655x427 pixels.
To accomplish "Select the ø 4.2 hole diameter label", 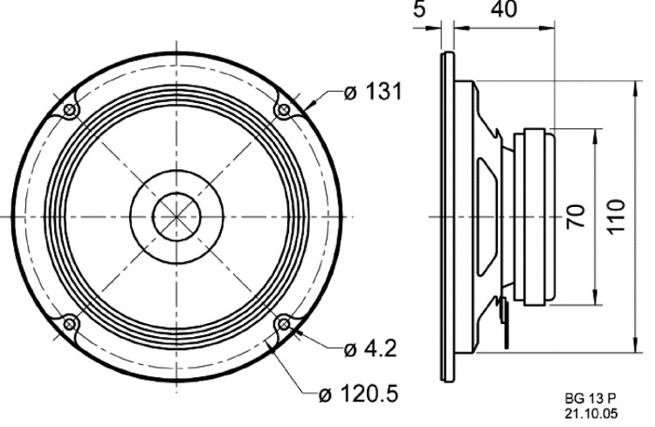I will coord(370,349).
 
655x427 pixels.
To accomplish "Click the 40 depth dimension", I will coord(502,10).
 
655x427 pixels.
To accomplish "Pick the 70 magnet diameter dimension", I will coord(577,216).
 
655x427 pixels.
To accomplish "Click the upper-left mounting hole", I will coord(69,109).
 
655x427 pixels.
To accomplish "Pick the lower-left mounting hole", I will coord(69,324).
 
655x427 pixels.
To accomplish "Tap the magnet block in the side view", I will coord(534,216).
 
